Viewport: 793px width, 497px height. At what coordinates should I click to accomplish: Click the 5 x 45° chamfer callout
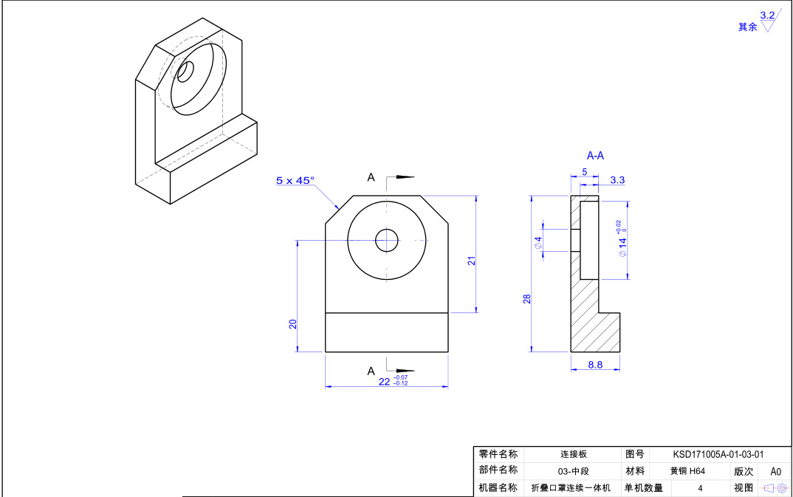tap(295, 180)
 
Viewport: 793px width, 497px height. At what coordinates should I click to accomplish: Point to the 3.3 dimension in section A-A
tap(618, 180)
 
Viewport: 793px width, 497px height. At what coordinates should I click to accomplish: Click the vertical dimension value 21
tap(471, 260)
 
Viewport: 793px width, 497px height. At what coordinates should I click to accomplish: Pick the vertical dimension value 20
tap(293, 323)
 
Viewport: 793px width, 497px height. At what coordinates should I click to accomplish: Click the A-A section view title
tap(595, 156)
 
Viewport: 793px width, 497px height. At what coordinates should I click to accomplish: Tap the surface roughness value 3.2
tap(767, 15)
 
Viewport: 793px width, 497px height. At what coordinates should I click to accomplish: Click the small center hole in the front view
tap(387, 239)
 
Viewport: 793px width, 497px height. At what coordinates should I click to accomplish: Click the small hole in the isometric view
tap(185, 72)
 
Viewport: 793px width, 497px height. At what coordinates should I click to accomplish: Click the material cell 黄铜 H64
tap(687, 471)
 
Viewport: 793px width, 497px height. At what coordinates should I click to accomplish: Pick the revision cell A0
tap(775, 471)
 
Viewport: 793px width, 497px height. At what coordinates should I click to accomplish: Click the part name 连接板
tap(573, 455)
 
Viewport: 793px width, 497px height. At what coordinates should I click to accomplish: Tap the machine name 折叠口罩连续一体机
tap(571, 487)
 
